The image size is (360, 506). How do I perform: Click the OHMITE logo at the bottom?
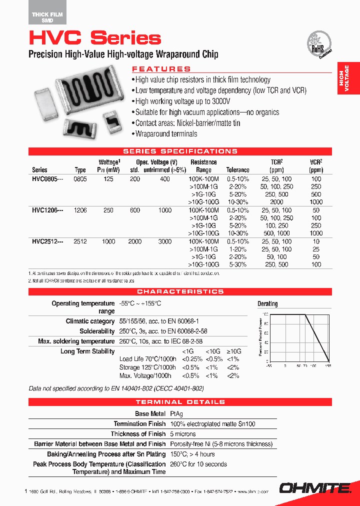tap(317, 487)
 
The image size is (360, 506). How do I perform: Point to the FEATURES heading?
tap(161, 69)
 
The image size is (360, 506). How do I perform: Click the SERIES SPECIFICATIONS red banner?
tap(180, 151)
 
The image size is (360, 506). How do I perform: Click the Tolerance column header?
tap(237, 170)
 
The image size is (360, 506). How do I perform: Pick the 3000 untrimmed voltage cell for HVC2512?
tap(165, 241)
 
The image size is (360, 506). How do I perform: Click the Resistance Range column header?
tap(203, 166)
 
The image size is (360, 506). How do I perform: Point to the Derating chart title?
tap(267, 303)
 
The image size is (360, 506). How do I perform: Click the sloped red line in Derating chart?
tap(317, 337)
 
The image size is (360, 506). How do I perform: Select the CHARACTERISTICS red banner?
tap(180, 291)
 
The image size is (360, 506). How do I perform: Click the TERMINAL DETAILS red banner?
tap(180, 402)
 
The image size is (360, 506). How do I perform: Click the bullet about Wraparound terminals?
tap(166, 134)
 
